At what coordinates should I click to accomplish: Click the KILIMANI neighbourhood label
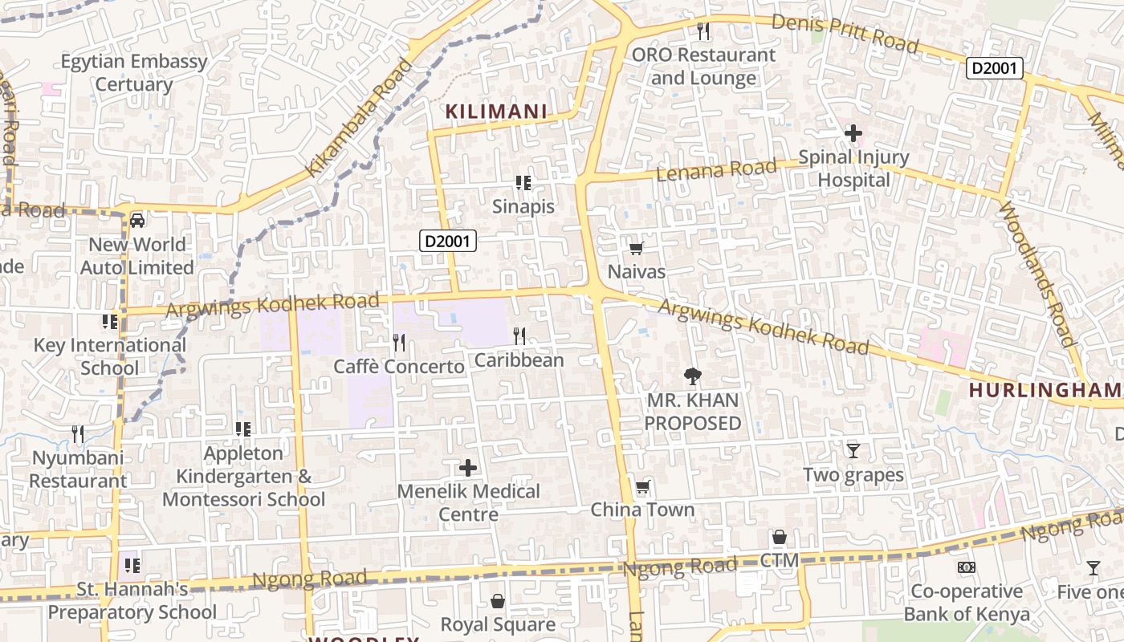[496, 112]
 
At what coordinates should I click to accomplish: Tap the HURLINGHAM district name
[1044, 390]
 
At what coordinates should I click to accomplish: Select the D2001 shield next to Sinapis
[448, 241]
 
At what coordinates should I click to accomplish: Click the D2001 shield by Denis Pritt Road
[995, 68]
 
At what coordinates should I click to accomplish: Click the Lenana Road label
[716, 169]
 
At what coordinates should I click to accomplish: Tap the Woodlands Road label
[1036, 274]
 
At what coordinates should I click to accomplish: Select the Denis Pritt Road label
[845, 32]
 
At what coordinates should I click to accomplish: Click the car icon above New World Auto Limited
[137, 220]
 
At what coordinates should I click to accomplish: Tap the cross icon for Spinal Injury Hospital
[853, 132]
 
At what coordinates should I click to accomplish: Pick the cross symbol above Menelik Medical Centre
[468, 467]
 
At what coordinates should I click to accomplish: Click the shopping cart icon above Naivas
[637, 248]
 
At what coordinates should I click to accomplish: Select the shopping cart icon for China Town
[642, 486]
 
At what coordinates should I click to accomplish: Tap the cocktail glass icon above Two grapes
[853, 451]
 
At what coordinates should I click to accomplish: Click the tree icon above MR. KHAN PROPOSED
[692, 376]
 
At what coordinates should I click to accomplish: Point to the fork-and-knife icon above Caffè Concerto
[399, 343]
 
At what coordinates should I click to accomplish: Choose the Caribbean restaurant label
[519, 360]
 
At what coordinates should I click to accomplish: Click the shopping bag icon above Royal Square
[498, 601]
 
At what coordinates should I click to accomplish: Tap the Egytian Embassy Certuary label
[134, 72]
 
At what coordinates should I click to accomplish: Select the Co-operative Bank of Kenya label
[967, 603]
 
